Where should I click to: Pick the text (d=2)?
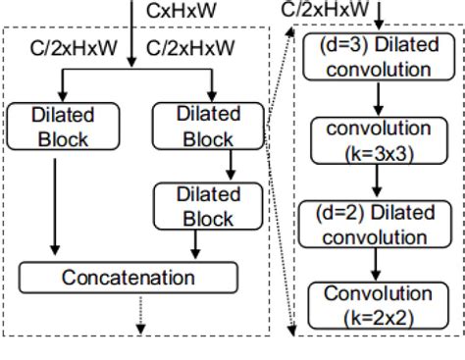point(338,213)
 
